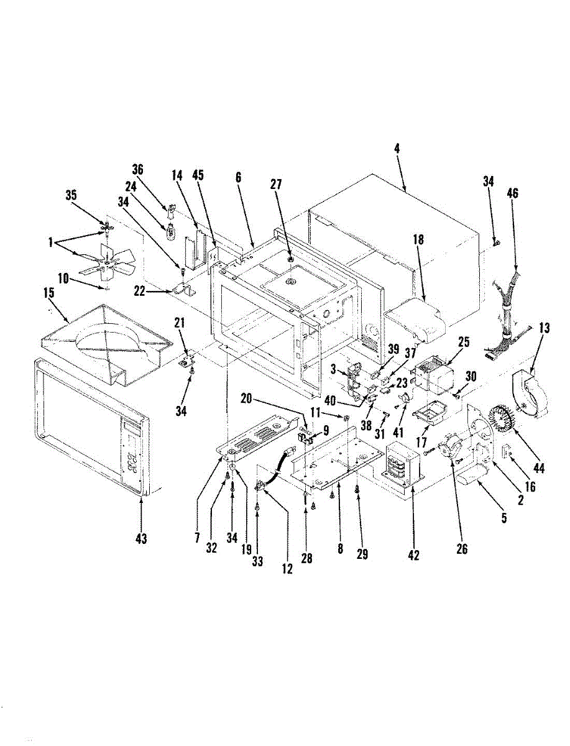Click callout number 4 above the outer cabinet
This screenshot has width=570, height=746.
point(397,149)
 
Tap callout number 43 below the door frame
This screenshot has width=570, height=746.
point(141,539)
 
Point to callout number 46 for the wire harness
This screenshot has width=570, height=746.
point(512,194)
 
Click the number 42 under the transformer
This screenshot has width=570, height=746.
point(413,555)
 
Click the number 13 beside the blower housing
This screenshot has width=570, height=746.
point(544,329)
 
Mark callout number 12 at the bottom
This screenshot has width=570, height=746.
point(287,567)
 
